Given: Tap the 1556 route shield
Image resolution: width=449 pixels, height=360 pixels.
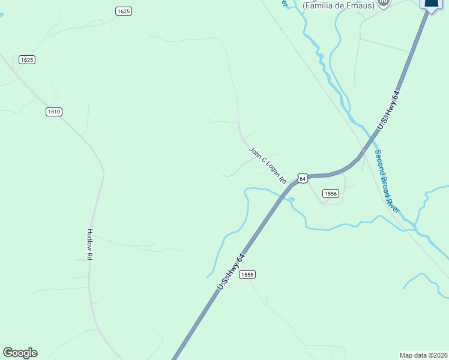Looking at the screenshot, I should pyautogui.click(x=331, y=193).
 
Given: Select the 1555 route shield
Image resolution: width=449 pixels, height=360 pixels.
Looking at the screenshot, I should pyautogui.click(x=247, y=274).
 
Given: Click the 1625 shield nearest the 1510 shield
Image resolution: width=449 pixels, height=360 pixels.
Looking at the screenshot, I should pyautogui.click(x=27, y=59).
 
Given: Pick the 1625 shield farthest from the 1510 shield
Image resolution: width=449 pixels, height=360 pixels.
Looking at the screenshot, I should pyautogui.click(x=124, y=11).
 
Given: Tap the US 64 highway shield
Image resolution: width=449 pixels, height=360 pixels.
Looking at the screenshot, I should pyautogui.click(x=302, y=179).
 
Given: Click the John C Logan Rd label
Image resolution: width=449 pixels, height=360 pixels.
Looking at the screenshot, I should pyautogui.click(x=268, y=165).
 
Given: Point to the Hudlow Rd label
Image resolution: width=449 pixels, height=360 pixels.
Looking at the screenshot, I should pyautogui.click(x=90, y=244).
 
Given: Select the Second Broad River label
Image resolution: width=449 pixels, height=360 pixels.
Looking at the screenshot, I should pyautogui.click(x=387, y=181).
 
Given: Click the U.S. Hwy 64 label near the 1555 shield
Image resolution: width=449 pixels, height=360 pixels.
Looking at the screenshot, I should pyautogui.click(x=232, y=272).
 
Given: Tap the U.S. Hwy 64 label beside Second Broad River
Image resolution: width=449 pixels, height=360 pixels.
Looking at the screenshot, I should pyautogui.click(x=388, y=109).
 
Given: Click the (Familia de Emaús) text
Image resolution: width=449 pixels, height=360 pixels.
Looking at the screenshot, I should pyautogui.click(x=338, y=5).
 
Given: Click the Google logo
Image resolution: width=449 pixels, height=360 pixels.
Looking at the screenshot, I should pyautogui.click(x=20, y=353).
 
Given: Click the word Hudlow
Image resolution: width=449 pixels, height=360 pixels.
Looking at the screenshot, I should pyautogui.click(x=90, y=239).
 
